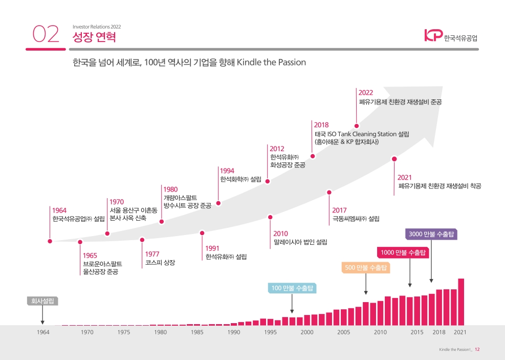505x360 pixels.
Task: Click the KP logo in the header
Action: pos(433,35)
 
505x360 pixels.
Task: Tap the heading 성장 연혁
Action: pos(94,37)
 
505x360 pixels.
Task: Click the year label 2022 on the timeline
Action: pos(365,93)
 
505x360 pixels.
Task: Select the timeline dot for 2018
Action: pos(313,156)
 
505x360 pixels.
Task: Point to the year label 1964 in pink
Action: pos(59,210)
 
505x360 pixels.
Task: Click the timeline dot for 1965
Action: pos(80,242)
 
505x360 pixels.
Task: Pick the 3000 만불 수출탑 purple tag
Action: pos(431,235)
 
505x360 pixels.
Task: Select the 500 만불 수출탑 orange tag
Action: pos(365,267)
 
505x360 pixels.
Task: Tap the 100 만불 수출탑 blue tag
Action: pos(292,288)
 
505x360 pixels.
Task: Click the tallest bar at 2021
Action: pos(461,302)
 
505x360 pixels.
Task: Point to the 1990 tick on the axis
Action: pos(234,332)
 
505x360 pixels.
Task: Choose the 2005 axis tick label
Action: pos(343,332)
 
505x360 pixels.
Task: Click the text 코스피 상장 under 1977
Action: pos(160,262)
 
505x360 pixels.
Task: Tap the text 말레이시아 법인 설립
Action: pos(300,242)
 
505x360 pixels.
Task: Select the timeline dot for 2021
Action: pos(394,159)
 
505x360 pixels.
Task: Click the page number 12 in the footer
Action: pos(477,350)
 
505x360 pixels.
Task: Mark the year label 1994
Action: pos(227,171)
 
